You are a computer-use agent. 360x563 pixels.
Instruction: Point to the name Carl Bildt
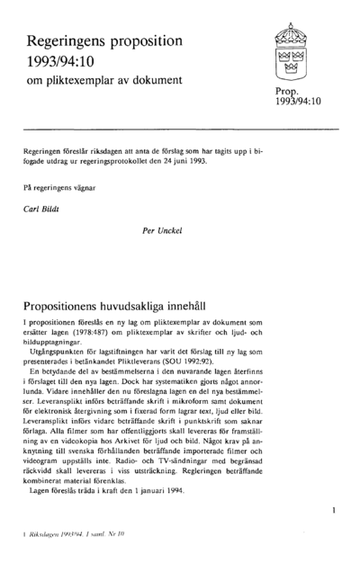[x=40, y=207]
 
